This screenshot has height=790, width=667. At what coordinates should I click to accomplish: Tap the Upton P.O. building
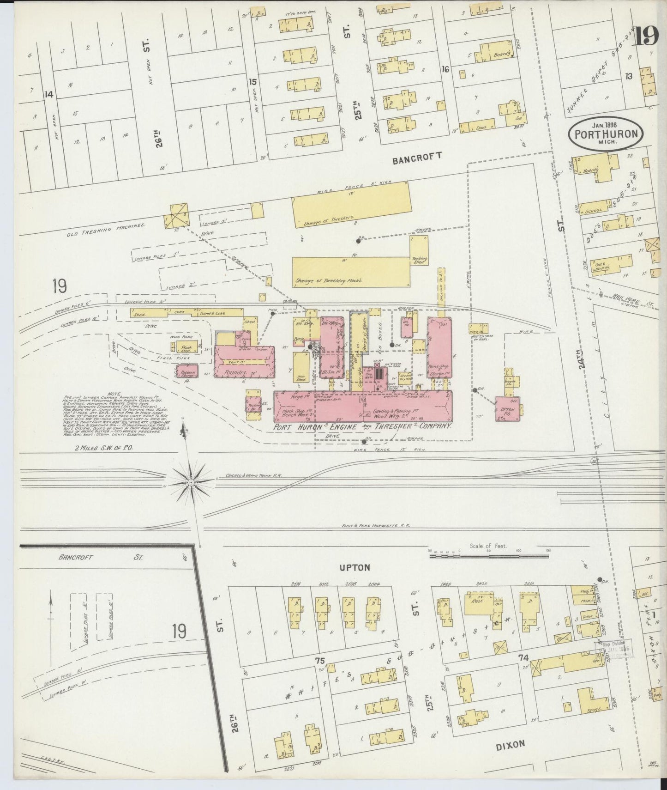point(508,410)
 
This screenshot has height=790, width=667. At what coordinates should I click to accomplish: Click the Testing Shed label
point(420,261)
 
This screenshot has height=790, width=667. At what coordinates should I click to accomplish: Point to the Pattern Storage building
point(187,371)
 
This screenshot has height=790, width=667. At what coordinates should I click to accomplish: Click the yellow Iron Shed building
point(301,369)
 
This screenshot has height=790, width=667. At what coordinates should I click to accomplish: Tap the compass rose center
point(191,482)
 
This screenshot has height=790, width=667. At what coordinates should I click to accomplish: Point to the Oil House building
point(407,323)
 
